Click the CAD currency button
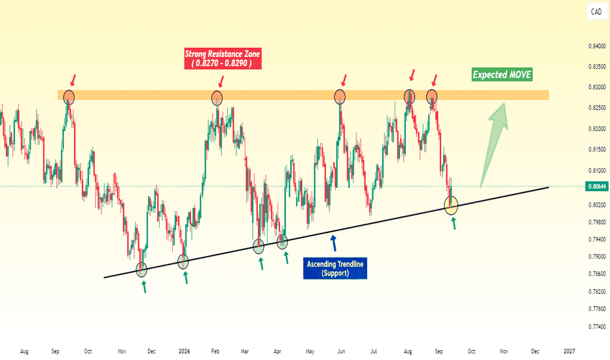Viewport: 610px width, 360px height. coord(596,12)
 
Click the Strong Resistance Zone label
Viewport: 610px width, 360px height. coord(223,58)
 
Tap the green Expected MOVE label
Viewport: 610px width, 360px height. coord(502,75)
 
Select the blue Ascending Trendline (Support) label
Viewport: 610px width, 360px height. coord(335,268)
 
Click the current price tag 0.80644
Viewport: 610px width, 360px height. coord(597,187)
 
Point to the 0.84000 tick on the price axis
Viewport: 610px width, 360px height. coord(597,46)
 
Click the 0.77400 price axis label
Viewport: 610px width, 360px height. coord(597,327)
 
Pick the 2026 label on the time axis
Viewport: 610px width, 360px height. coord(184,351)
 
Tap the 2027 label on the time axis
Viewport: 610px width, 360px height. coord(569,351)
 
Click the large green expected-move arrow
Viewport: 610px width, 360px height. coord(494,145)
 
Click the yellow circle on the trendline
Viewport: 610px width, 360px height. coord(451,205)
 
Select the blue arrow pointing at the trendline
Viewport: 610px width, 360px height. coord(333,243)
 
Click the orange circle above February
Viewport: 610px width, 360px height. coord(217,98)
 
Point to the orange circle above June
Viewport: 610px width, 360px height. coord(340,96)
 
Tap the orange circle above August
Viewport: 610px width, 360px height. coord(409,96)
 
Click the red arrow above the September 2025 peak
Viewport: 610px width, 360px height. coord(73,80)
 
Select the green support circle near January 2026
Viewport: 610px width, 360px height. coord(183,262)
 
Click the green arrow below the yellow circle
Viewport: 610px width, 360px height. coord(453,223)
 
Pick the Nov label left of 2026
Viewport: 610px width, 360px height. coord(122,351)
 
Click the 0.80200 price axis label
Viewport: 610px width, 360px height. coord(597,205)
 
